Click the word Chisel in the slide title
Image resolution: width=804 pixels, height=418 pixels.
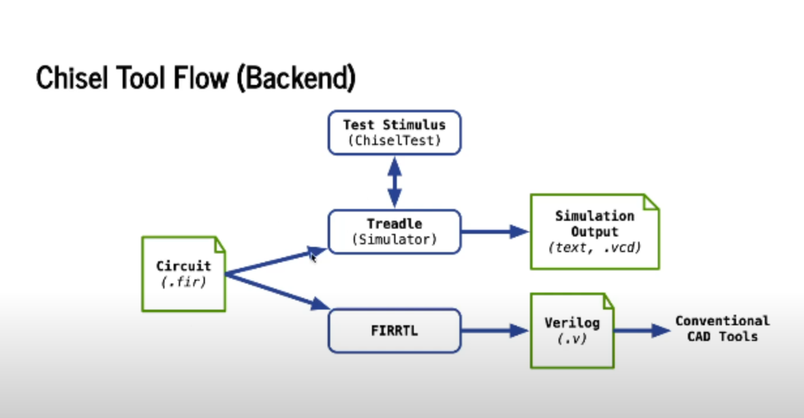72,77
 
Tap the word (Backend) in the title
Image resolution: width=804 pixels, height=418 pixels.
296,78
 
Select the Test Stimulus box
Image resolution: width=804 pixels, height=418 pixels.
394,133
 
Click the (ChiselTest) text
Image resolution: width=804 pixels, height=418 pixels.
394,140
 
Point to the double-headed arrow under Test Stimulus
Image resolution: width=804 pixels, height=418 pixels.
394,182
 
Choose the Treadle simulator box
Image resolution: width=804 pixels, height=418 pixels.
394,232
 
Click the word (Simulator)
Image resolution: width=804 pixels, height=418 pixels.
394,240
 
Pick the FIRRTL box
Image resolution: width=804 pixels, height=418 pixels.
394,330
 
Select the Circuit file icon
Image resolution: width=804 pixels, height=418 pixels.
184,274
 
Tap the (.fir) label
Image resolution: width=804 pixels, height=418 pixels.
184,282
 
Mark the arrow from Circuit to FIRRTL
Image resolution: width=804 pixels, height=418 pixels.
277,291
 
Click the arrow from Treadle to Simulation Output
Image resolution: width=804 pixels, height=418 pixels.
495,232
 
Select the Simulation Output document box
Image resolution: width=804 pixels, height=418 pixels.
595,232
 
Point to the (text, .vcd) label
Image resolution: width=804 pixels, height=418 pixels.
595,248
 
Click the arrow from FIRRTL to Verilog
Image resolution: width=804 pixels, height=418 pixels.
495,330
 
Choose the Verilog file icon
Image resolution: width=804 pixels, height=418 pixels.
572,330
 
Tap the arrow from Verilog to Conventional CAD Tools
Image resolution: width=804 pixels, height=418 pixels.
642,330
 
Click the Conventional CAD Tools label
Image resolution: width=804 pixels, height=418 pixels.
722,329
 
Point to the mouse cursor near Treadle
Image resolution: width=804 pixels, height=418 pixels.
313,257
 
